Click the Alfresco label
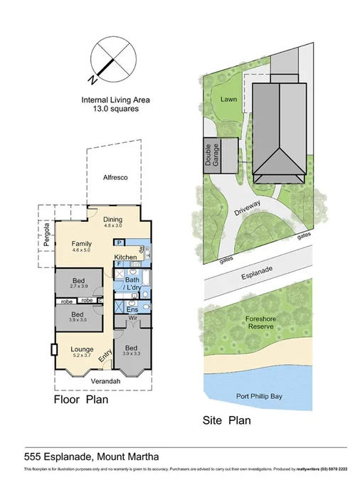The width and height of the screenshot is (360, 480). [x=114, y=177]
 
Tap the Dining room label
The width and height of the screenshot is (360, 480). [x=113, y=220]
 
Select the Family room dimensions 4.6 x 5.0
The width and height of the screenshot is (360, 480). [x=83, y=250]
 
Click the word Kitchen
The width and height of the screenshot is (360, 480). [x=126, y=256]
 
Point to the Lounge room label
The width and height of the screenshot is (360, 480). [x=83, y=348]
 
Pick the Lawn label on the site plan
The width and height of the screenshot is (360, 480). [x=228, y=100]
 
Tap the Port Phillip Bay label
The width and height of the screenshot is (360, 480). [x=258, y=396]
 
